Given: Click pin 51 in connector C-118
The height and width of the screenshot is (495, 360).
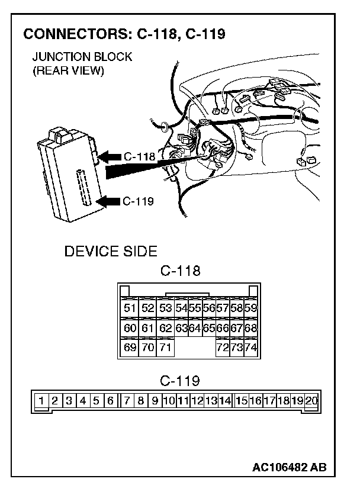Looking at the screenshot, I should pos(130,308).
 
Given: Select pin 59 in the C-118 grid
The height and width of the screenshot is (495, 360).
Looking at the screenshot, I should pos(250,308).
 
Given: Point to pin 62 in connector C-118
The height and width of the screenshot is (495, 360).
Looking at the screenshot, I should pos(165,327).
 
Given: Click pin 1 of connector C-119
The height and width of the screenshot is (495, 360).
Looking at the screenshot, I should pos(41,401).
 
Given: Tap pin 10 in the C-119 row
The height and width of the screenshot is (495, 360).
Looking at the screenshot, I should pos(169,401).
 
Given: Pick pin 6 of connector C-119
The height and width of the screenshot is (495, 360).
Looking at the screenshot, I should pos(111,401).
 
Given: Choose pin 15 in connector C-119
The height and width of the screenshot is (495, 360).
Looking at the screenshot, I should pos(241,401).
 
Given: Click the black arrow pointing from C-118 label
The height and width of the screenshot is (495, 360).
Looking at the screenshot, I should pos(109,157).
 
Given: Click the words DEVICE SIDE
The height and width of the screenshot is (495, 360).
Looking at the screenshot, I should pos(111,252).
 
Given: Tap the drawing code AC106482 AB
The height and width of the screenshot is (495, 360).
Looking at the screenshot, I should pos(289,468).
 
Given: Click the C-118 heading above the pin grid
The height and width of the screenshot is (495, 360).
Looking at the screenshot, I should pos(181,272).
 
